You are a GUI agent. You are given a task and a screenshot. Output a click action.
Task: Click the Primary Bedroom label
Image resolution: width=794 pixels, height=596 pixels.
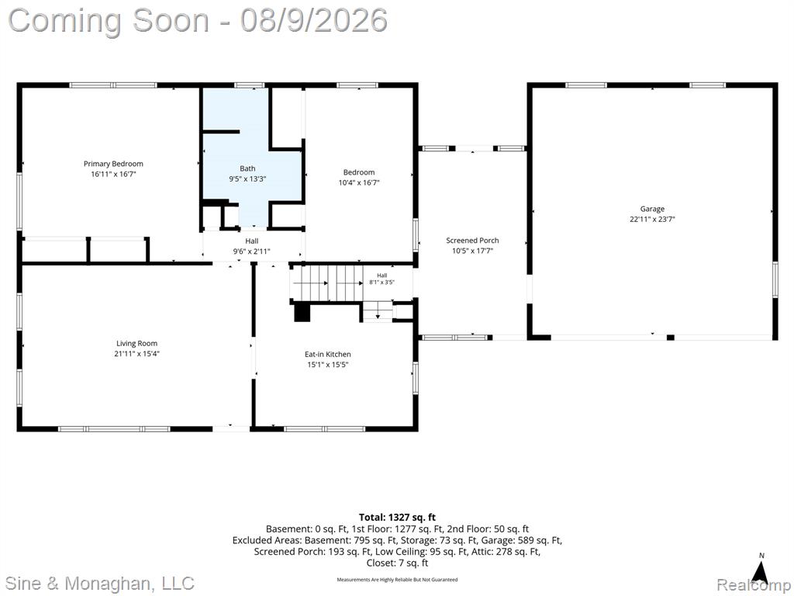tap(113, 164)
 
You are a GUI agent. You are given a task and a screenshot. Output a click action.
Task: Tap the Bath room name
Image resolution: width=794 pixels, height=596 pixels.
tap(247, 168)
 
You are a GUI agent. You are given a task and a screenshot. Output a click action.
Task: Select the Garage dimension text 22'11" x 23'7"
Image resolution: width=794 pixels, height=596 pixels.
tap(652, 220)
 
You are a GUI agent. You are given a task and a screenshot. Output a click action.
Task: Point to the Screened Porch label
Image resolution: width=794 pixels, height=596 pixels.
tap(472, 241)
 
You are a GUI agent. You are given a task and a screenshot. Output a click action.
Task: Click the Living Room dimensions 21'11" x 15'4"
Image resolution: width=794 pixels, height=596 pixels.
tap(136, 354)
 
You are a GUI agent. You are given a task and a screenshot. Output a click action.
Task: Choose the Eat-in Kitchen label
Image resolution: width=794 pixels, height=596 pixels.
tap(328, 354)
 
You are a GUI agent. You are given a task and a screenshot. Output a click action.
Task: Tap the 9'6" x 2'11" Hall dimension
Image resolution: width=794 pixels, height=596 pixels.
tap(252, 251)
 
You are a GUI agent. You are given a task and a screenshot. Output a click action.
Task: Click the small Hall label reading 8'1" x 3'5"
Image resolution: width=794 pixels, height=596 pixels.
tap(381, 282)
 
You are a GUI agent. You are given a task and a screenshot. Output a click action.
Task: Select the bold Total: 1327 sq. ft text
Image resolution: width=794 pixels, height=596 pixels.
tap(397, 518)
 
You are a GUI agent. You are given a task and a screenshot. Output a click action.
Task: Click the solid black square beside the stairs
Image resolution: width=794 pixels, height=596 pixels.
tap(302, 312)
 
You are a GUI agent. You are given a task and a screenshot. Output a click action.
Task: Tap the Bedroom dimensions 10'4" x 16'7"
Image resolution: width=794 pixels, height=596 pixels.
tap(359, 182)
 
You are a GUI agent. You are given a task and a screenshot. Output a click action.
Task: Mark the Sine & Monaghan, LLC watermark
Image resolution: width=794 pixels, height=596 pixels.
tap(101, 583)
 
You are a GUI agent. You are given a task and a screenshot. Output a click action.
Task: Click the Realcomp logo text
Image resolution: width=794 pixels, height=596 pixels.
tap(754, 584)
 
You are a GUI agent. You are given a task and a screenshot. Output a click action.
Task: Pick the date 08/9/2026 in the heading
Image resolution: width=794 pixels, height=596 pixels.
tap(314, 21)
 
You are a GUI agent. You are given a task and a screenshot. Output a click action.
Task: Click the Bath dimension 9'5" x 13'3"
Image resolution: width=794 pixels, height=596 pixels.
tap(247, 179)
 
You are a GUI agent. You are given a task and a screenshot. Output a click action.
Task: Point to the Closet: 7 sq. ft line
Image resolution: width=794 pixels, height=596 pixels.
tap(397, 563)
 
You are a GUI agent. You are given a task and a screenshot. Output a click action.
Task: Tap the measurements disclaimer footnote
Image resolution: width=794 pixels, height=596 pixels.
tap(397, 579)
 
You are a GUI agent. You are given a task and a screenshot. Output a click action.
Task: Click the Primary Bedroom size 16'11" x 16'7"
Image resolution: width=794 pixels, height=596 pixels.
tap(113, 175)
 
